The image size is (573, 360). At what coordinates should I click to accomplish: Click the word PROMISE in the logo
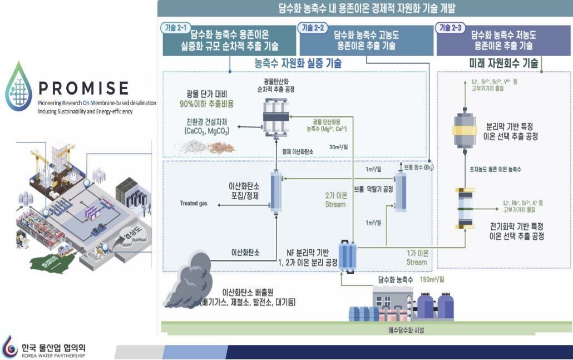(84, 88)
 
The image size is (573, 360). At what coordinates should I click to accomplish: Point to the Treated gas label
(194, 204)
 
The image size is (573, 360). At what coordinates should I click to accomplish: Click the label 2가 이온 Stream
(335, 200)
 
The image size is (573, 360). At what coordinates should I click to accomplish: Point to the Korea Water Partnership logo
(45, 347)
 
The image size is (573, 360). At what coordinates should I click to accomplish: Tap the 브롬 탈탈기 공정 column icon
(400, 193)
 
